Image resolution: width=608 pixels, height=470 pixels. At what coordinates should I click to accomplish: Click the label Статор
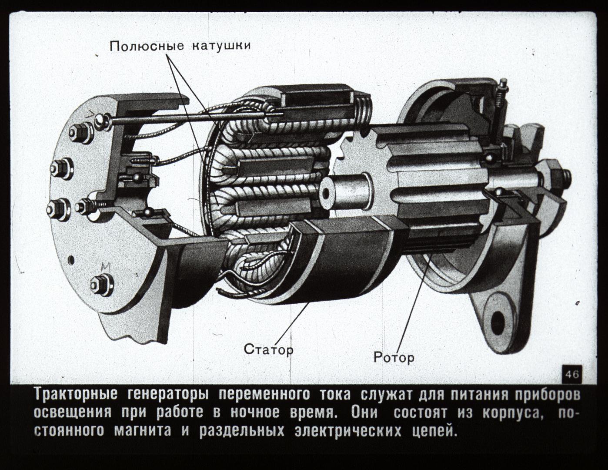269,349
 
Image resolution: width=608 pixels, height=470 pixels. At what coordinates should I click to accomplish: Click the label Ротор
394,357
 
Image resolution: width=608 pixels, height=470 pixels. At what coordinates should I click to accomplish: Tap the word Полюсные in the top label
147,46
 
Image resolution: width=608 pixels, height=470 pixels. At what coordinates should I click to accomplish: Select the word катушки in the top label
221,45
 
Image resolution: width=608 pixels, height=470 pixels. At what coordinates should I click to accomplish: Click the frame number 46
572,374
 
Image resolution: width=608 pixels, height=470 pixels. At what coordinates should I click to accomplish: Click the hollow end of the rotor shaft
326,193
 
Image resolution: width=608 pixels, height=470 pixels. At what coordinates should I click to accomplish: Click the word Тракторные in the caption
76,395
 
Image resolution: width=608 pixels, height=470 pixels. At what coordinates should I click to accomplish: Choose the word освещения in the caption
73,413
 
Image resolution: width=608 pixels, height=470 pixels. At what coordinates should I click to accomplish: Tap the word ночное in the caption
255,413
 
